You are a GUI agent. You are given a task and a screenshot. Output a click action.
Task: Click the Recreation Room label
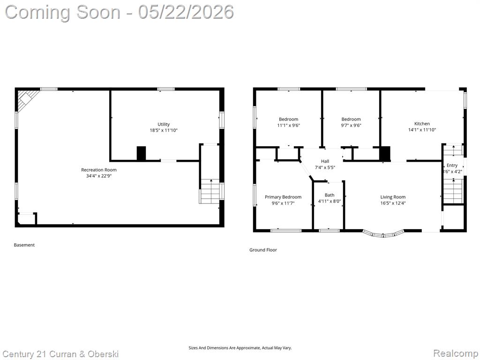98,170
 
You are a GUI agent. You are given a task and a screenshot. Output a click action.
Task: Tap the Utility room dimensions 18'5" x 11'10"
164,130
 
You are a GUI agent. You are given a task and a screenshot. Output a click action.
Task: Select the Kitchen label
422,124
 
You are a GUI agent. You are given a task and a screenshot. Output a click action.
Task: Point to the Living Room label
393,197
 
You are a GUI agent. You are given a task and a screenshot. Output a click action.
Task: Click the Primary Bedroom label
283,197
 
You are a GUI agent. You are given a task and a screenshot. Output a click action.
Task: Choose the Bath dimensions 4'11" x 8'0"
330,202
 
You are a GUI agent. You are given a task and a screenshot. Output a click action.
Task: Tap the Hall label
325,161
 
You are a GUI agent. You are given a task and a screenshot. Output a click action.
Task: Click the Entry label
452,165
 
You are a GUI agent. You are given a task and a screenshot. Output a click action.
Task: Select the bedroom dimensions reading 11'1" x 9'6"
288,125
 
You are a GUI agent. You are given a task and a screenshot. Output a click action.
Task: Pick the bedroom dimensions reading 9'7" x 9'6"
351,125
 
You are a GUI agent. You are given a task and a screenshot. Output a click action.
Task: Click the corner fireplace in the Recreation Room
27,98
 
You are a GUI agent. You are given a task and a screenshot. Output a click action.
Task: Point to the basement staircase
210,191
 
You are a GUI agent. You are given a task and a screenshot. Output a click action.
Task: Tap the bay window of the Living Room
383,234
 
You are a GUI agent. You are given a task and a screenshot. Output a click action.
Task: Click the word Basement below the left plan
24,245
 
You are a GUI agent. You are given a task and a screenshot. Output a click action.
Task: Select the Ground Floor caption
263,250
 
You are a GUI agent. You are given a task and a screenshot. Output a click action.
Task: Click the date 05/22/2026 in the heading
186,12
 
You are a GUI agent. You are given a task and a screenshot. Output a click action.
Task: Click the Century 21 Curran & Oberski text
60,354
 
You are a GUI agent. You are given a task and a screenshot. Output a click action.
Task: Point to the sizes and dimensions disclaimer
240,348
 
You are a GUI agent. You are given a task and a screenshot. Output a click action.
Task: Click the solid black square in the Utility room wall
141,153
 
